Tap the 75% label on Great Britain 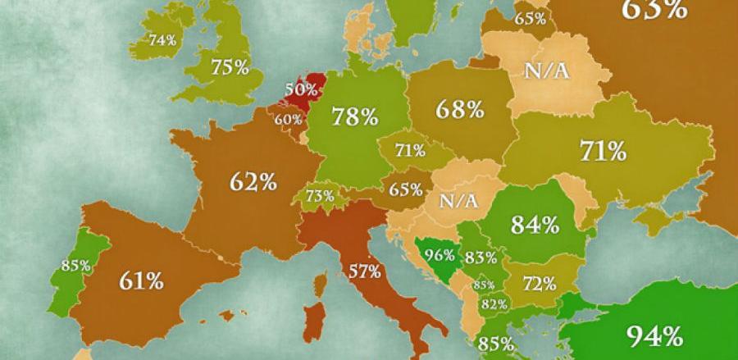(230, 67)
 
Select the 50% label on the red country (299, 88)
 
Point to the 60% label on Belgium (289, 119)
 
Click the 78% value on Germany (354, 116)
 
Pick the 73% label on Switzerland (320, 196)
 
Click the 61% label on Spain (140, 281)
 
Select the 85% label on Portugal (75, 265)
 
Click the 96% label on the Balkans (439, 254)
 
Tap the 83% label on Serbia (481, 257)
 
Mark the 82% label (494, 304)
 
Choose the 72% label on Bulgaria (540, 284)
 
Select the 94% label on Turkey (654, 335)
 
